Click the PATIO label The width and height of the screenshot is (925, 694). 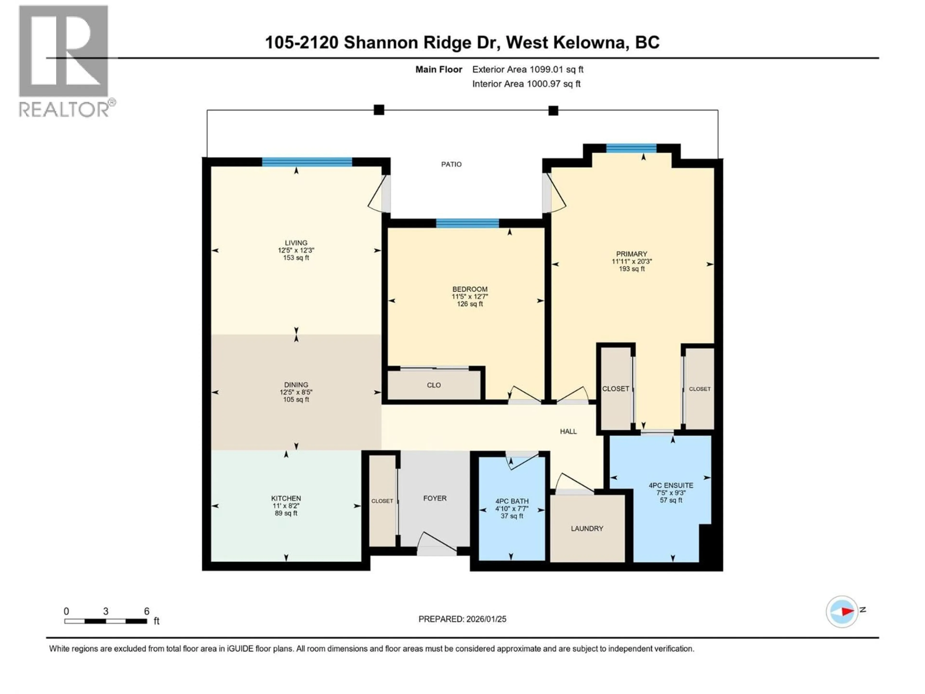[x=451, y=164]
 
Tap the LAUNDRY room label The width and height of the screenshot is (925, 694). [x=587, y=528]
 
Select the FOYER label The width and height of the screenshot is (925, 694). [x=435, y=498]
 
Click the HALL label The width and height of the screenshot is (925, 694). [x=568, y=431]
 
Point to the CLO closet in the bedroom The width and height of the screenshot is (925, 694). [x=434, y=385]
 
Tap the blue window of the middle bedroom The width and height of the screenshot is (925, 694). [x=467, y=223]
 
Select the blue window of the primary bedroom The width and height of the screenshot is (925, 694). [x=631, y=148]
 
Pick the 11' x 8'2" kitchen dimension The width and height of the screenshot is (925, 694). [x=286, y=506]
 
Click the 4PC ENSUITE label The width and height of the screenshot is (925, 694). [x=671, y=485]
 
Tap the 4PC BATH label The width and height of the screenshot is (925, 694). [x=512, y=501]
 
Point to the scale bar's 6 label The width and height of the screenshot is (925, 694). [x=146, y=611]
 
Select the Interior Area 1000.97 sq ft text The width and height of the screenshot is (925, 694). [x=526, y=84]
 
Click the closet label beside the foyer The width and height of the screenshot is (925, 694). [x=382, y=501]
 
